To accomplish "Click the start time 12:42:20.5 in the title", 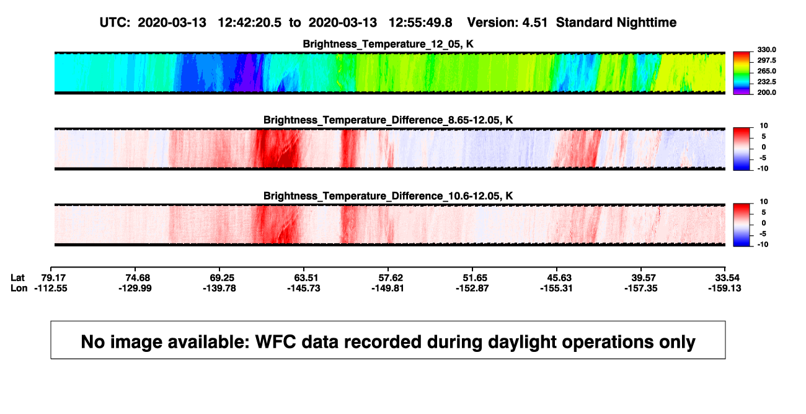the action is coord(249,23).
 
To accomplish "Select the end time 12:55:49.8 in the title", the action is coord(420,23).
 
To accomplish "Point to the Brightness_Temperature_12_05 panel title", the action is coord(388,44).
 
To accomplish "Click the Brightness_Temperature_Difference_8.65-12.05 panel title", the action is coord(388,120).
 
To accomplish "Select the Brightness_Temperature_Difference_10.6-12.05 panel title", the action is coord(388,196).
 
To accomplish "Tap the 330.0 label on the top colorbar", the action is coord(766,50).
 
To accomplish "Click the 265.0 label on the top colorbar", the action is coord(766,71).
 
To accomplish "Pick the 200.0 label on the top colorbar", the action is coord(766,92).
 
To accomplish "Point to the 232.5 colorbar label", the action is coord(766,82).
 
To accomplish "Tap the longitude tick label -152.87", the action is coord(472,288).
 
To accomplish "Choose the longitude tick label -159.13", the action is coord(725,288).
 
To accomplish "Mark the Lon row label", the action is coord(19,288).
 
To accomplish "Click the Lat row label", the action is coord(17,278).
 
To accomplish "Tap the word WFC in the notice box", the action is coord(275,341).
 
